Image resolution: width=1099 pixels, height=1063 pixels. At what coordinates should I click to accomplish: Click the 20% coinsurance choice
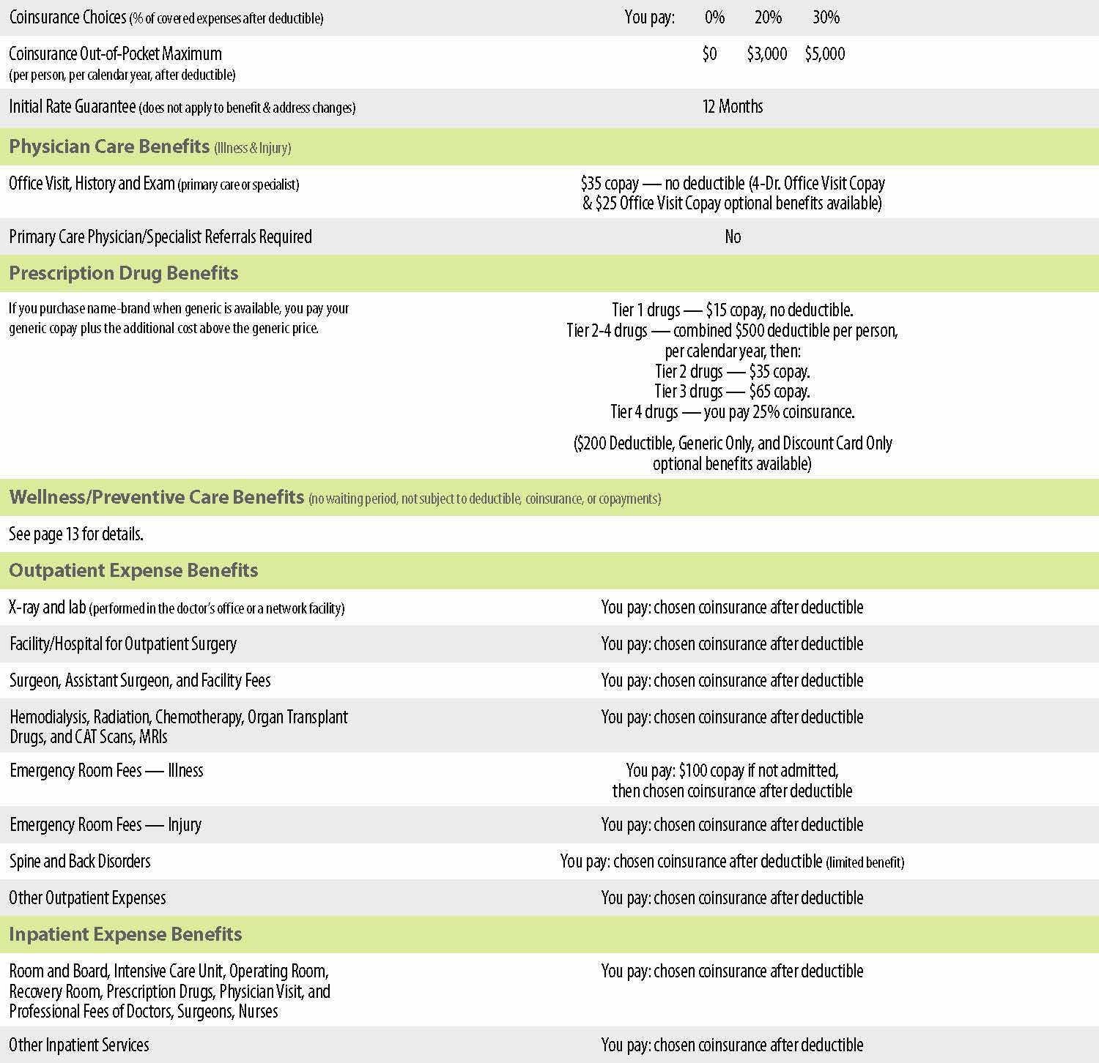pyautogui.click(x=768, y=18)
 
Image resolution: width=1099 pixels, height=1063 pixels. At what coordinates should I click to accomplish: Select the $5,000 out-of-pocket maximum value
pyautogui.click(x=825, y=54)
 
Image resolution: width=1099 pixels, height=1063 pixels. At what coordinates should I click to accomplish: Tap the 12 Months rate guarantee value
pyautogui.click(x=732, y=107)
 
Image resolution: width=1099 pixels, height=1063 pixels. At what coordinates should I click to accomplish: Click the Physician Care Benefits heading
pyautogui.click(x=110, y=146)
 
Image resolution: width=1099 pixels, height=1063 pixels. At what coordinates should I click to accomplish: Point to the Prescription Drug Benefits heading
pyautogui.click(x=124, y=273)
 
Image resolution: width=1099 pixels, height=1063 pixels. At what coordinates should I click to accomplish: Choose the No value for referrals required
pyautogui.click(x=733, y=236)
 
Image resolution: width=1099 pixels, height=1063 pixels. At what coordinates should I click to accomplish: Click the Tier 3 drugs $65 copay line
pyautogui.click(x=732, y=392)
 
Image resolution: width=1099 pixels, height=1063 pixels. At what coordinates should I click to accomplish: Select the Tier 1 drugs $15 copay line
pyautogui.click(x=732, y=310)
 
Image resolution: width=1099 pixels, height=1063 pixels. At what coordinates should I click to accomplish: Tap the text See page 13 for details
pyautogui.click(x=76, y=534)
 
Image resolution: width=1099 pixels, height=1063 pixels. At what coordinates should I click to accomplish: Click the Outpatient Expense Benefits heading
pyautogui.click(x=133, y=570)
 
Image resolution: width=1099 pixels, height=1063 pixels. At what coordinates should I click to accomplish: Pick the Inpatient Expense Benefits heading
pyautogui.click(x=125, y=934)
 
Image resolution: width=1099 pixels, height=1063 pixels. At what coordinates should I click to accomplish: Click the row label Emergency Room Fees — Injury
pyautogui.click(x=106, y=825)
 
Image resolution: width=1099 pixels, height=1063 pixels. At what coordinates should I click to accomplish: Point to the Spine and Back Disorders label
pyautogui.click(x=80, y=861)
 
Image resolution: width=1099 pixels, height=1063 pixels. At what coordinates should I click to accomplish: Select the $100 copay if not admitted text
pyautogui.click(x=732, y=770)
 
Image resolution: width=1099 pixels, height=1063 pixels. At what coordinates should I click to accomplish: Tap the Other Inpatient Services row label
pyautogui.click(x=79, y=1045)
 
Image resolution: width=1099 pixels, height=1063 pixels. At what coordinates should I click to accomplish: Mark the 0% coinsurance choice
pyautogui.click(x=714, y=18)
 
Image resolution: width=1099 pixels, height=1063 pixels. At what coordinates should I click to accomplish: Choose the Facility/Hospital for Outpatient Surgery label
pyautogui.click(x=123, y=644)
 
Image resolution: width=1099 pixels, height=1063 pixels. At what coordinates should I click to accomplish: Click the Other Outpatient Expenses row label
pyautogui.click(x=88, y=898)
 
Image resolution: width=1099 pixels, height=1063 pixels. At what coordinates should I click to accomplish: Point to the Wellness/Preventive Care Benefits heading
pyautogui.click(x=157, y=497)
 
